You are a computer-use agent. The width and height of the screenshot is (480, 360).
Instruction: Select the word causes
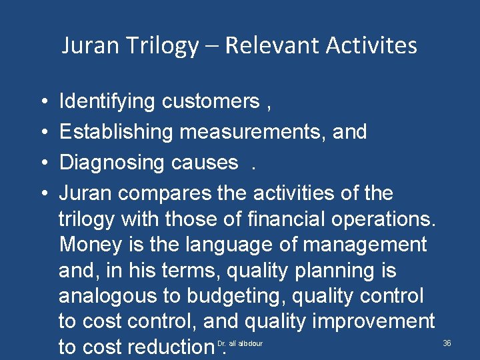click(205, 162)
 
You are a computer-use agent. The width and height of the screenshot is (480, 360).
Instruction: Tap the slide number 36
click(447, 343)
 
